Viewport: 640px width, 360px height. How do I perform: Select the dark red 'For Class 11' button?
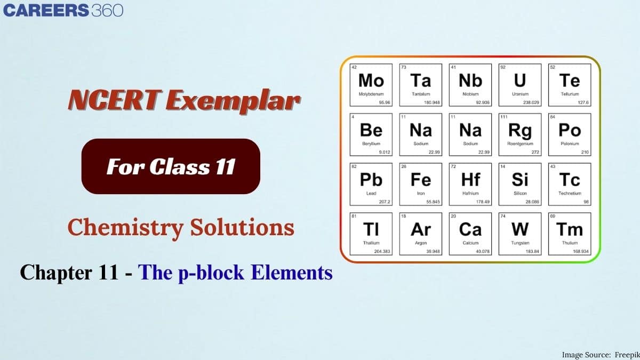[x=171, y=166]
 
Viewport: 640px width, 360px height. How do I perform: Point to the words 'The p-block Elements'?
[x=235, y=273]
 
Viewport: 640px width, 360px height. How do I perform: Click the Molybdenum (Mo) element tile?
[x=371, y=85]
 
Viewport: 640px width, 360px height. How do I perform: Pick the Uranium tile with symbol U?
[x=520, y=85]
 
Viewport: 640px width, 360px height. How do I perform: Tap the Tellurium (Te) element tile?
[x=570, y=85]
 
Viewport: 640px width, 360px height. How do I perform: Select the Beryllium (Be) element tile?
[x=371, y=134]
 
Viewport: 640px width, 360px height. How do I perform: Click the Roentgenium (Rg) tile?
[x=520, y=134]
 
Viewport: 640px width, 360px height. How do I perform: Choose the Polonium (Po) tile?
[x=570, y=134]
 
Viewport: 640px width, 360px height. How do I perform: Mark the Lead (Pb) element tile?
[x=371, y=184]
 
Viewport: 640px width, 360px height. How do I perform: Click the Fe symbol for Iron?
[x=421, y=180]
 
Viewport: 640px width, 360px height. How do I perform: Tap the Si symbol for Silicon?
[x=520, y=180]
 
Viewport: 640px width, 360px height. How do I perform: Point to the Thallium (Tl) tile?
[x=371, y=234]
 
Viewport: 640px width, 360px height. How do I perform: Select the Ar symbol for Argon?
[x=421, y=229]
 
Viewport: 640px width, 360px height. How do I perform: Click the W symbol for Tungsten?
[x=520, y=229]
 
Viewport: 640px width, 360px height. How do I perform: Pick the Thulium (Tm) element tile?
[x=570, y=234]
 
